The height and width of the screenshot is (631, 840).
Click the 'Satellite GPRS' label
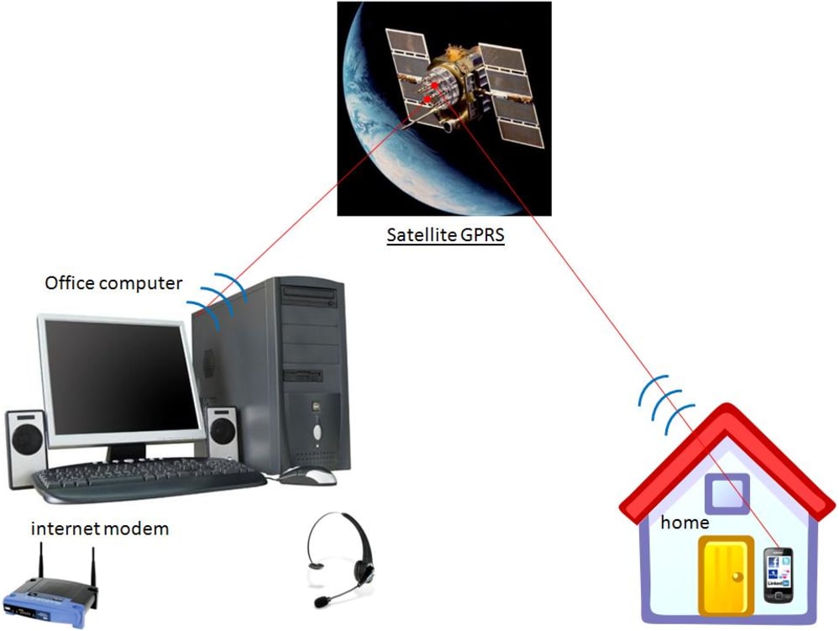(x=445, y=234)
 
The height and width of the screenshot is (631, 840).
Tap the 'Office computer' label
(x=113, y=283)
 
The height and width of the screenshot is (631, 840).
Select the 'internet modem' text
(x=100, y=528)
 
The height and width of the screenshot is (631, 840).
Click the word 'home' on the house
(x=685, y=523)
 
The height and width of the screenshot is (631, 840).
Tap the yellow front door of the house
(x=725, y=576)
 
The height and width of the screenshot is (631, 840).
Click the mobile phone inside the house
(x=778, y=576)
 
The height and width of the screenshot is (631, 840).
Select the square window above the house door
(x=727, y=493)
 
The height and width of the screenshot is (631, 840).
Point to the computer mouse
(x=307, y=476)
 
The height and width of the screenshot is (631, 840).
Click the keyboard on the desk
(x=147, y=480)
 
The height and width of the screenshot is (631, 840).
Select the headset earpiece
(x=364, y=568)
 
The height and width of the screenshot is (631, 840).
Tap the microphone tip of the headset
(x=321, y=602)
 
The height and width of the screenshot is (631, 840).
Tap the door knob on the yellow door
(x=737, y=576)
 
